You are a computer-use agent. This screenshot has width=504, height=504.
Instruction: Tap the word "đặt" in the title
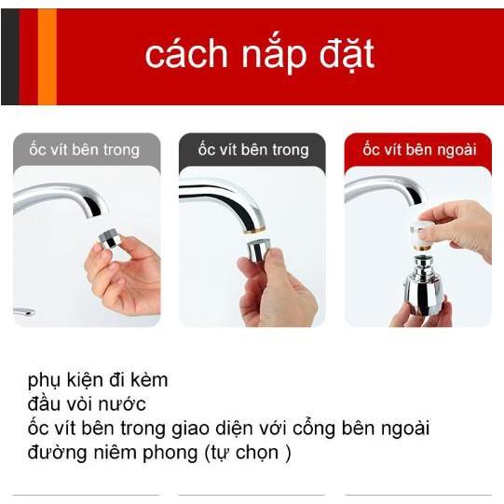(342, 55)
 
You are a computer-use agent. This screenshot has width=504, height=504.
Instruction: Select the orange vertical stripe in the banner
(47, 57)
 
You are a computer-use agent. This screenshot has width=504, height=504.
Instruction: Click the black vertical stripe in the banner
(9, 57)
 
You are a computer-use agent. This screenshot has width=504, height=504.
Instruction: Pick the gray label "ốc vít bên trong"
(86, 150)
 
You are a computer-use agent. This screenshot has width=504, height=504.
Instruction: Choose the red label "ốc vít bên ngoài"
(417, 150)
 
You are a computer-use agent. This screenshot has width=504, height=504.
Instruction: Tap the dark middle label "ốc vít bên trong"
(252, 150)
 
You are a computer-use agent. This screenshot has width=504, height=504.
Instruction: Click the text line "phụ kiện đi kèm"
(98, 381)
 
